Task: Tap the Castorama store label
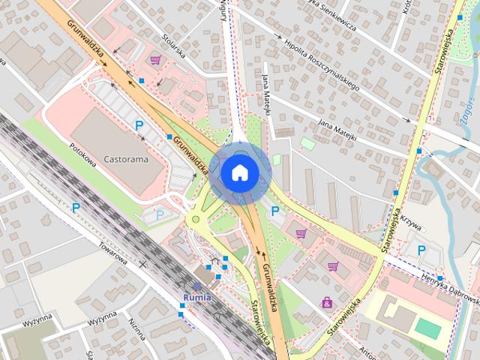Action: coord(126,159)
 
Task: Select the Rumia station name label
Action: coord(197,297)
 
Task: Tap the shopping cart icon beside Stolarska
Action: coord(155,60)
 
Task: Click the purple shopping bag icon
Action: coord(327,302)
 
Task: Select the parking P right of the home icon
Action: coord(275,211)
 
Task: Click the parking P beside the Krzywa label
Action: coord(421,250)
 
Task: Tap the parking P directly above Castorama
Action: coord(138,125)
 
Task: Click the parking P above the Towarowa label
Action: coord(76,207)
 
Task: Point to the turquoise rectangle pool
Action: coord(428,328)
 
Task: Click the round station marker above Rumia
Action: coord(197,286)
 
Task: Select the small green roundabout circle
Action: coord(196,219)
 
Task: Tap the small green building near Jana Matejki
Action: coord(307,143)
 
